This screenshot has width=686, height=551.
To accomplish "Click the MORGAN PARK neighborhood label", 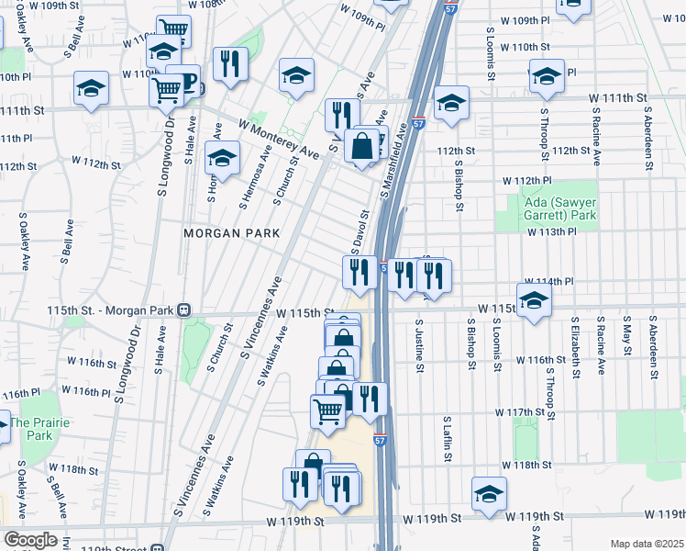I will point(231,233).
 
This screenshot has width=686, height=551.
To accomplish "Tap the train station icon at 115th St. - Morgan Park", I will point(184,310).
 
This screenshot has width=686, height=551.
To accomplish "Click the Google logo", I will point(30,540).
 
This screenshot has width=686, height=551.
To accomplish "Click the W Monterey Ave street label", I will point(278,140).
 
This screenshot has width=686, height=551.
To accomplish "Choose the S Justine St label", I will point(419,346).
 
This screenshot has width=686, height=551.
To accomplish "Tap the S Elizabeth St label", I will point(575,347).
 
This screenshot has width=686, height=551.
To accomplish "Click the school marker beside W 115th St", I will point(534,299).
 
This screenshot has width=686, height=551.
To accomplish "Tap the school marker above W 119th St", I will point(489,493).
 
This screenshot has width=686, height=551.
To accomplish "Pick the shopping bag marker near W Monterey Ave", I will point(363,145).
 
